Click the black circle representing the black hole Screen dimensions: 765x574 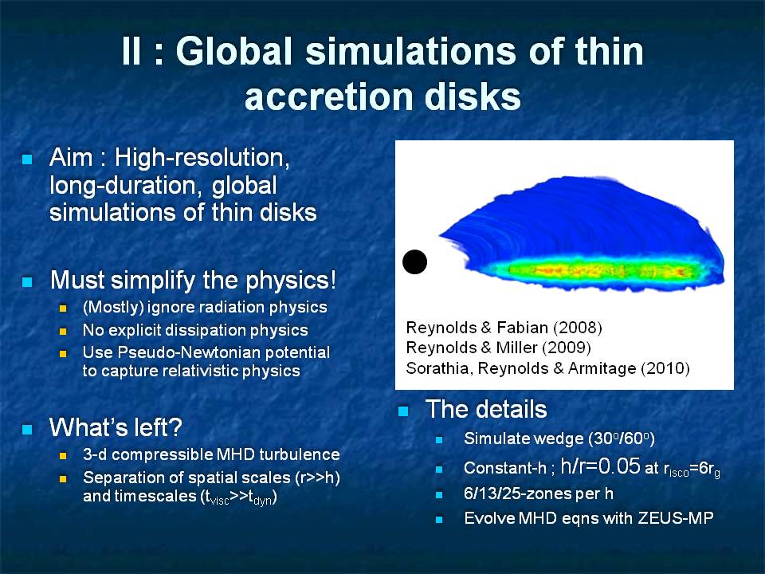point(414,261)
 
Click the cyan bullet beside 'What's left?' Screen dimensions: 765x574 point(27,429)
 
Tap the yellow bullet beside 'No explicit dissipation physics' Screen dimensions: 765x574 point(63,331)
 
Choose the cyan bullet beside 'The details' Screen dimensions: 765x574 point(403,411)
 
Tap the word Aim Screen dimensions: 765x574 point(71,157)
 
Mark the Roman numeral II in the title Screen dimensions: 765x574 point(131,51)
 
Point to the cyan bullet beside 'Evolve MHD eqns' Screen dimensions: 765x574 point(439,520)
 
